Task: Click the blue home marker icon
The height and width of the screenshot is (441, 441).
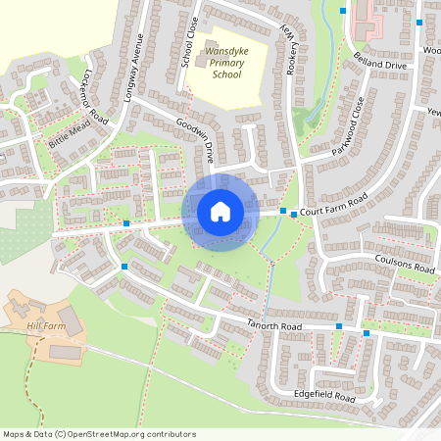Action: point(220,212)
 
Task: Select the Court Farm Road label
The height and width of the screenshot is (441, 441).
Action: point(333,204)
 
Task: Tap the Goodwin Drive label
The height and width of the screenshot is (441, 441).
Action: point(196,140)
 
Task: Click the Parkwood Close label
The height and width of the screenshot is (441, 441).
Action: point(348,126)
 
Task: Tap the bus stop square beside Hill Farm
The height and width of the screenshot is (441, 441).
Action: point(124,266)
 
